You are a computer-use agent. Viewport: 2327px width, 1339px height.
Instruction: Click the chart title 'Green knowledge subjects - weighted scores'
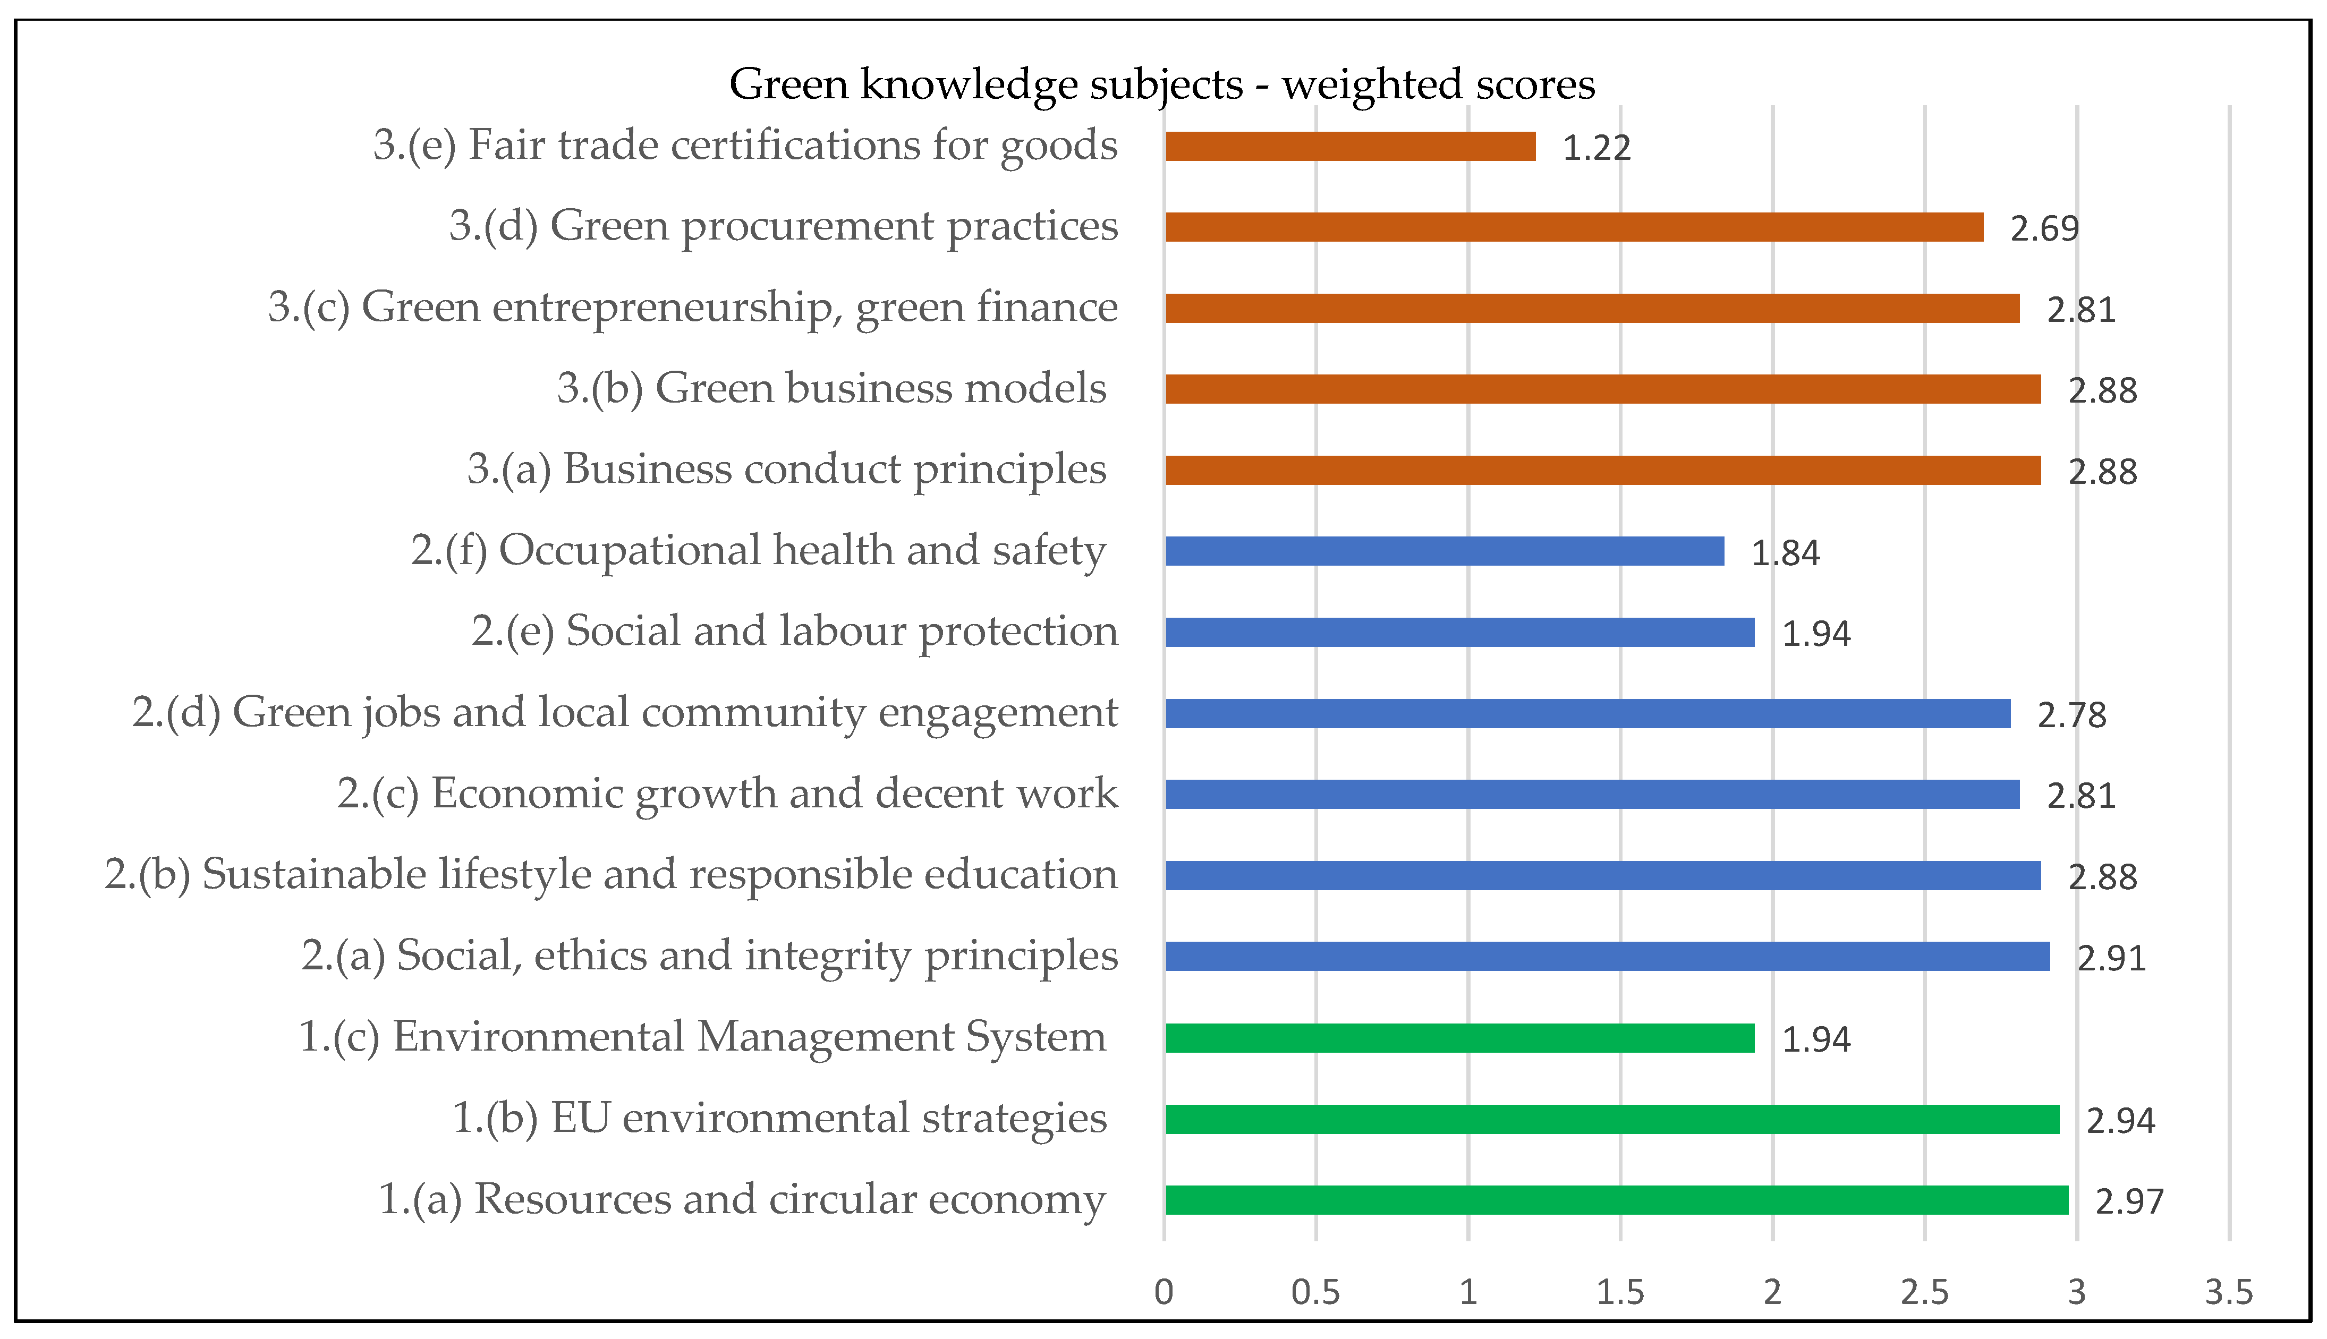click(1162, 84)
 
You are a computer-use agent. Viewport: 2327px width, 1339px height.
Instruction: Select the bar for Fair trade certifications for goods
click(1349, 146)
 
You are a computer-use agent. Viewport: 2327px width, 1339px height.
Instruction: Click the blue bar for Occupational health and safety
click(1444, 551)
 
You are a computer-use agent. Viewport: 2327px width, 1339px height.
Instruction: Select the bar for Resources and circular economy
click(1616, 1200)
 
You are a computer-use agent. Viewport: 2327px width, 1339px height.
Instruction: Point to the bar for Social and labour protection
click(1459, 633)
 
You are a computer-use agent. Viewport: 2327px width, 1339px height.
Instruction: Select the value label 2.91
click(2111, 958)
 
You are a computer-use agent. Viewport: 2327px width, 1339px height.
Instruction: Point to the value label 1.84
click(1785, 553)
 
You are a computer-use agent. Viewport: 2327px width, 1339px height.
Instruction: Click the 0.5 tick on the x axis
click(1315, 1292)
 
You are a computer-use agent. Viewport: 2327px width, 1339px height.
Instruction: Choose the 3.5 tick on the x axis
click(2229, 1292)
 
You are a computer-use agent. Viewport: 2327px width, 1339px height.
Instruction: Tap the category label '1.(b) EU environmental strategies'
click(779, 1118)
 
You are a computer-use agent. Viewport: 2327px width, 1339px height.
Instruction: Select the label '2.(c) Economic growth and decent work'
click(727, 794)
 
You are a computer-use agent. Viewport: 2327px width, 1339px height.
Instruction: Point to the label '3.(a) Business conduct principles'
click(786, 469)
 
